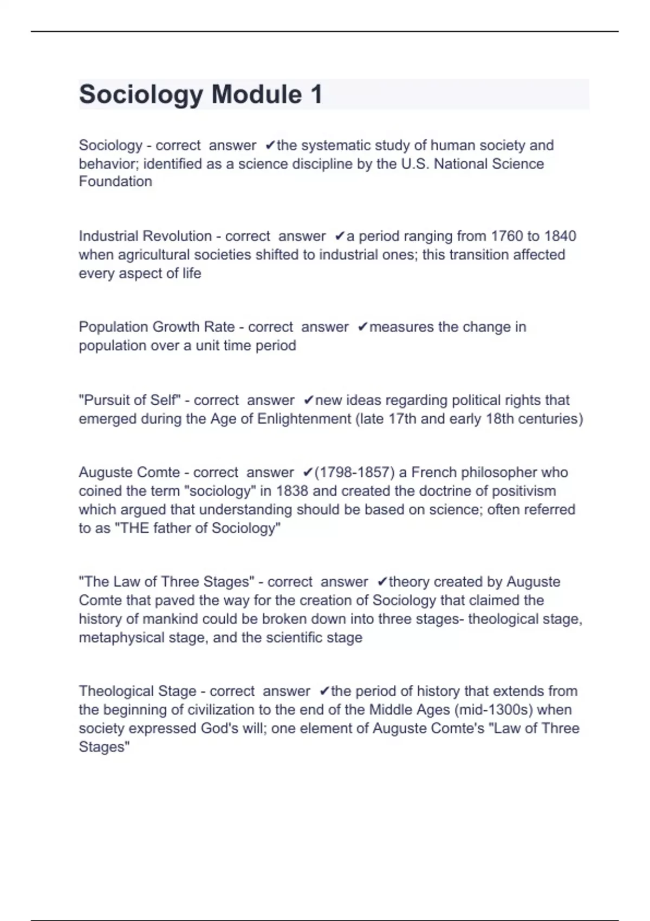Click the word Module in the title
[x=256, y=94]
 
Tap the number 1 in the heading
[x=316, y=94]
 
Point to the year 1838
[x=292, y=491]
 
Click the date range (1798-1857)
[x=354, y=472]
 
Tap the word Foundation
[x=115, y=181]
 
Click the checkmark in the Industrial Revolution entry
[x=340, y=236]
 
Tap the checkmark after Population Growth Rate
[x=362, y=327]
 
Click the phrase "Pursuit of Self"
[x=129, y=400]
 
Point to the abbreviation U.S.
[x=415, y=164]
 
